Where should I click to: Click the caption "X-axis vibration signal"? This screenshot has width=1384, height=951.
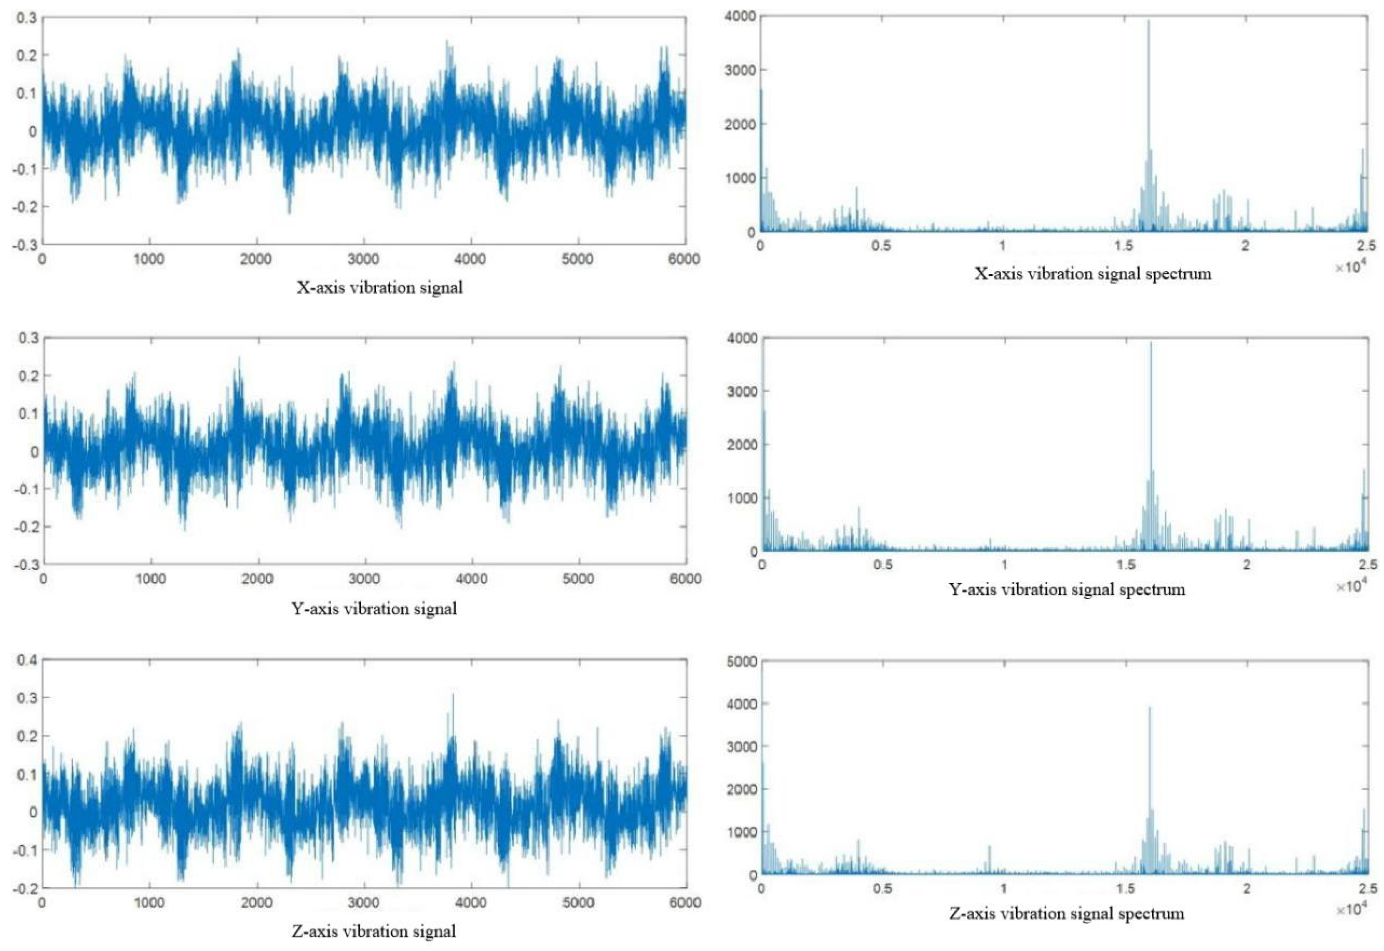point(379,288)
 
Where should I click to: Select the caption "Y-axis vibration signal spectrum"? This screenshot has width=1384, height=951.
point(1066,590)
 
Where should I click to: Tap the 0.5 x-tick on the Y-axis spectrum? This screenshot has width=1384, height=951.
point(883,565)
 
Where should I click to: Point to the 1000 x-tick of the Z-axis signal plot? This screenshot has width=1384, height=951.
point(149,903)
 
